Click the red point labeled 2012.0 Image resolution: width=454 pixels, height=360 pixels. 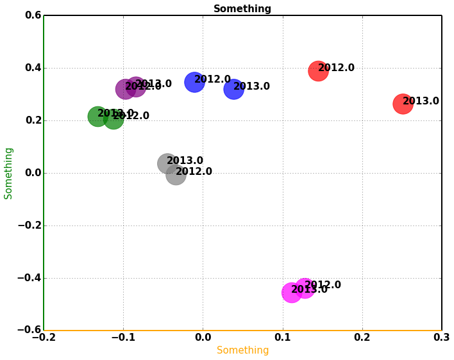point(318,70)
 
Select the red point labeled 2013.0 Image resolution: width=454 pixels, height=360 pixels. point(402,104)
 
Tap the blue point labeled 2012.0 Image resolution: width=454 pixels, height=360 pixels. point(194,82)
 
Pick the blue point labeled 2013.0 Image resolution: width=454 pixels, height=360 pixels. point(233,89)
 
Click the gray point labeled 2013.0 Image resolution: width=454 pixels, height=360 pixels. point(167,163)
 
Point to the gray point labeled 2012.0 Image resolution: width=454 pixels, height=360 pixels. point(176,174)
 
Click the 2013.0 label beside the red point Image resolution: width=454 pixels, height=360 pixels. point(421,101)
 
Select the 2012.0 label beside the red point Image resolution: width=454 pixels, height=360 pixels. point(336,68)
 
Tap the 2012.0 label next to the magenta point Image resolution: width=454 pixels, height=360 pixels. point(323,285)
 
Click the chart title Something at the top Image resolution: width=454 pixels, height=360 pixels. point(242,9)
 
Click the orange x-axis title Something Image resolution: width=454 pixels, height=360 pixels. point(242,350)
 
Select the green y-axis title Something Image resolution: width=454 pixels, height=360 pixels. point(9,173)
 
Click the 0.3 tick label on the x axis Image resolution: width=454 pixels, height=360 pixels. point(442,338)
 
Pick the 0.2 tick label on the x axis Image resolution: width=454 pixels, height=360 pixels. point(362,338)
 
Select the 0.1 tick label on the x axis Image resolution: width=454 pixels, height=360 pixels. point(283,338)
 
